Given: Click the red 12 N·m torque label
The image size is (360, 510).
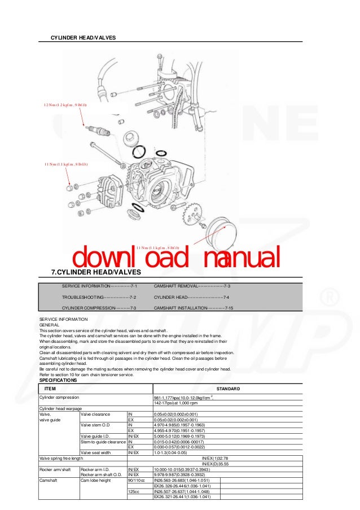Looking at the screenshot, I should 65,105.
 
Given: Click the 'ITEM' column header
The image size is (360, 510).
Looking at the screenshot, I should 50,389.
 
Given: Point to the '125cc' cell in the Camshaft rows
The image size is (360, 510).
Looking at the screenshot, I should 134,491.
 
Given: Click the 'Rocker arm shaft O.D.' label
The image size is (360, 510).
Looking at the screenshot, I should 102,474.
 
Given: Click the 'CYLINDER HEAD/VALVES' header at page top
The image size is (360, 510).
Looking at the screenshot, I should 83,37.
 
